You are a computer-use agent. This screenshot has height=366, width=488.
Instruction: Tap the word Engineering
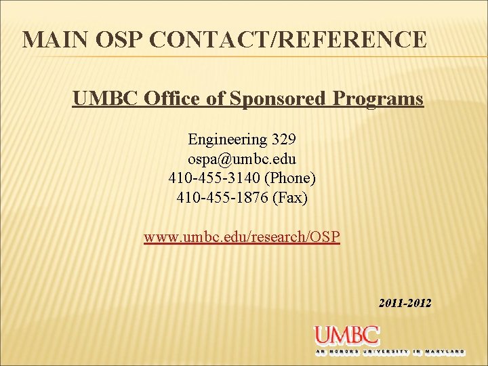coord(228,140)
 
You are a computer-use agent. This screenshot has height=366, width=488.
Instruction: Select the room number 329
coord(283,140)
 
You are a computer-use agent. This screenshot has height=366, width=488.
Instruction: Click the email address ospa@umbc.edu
coord(242,159)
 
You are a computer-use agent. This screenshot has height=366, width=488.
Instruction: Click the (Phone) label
coord(290,179)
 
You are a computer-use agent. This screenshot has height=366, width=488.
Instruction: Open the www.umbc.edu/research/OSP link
coord(242,238)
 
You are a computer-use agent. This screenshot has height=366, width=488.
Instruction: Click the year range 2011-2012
coord(405,303)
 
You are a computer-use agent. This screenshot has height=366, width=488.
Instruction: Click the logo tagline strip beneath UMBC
coord(390,352)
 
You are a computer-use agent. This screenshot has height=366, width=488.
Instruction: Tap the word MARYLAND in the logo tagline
coord(447,352)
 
